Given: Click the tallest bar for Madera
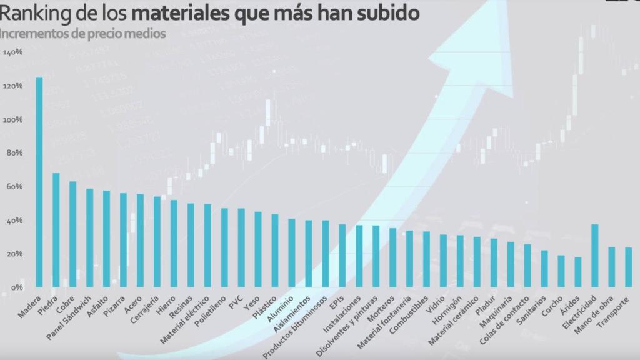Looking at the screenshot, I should click(x=39, y=182).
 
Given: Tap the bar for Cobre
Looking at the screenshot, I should click(x=72, y=234).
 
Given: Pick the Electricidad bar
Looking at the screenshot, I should click(x=595, y=256).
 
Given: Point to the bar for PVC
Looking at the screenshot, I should click(x=241, y=247).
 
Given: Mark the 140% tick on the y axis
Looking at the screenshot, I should click(x=13, y=52).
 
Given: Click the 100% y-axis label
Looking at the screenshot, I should click(x=13, y=119).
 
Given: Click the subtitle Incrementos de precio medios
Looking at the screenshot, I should click(x=83, y=33).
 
